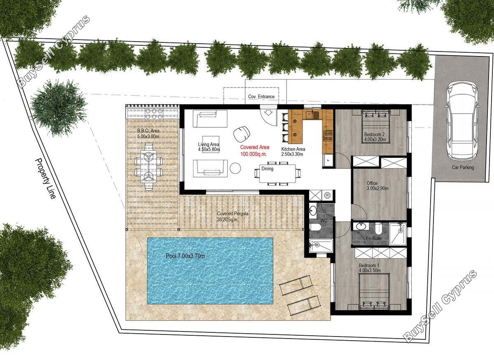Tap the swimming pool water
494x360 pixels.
pyautogui.click(x=210, y=271)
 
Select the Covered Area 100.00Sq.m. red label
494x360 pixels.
pyautogui.click(x=254, y=150)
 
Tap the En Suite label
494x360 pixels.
pyautogui.click(x=374, y=238)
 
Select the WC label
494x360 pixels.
pyautogui.click(x=324, y=220)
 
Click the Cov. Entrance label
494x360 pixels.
pyautogui.click(x=261, y=96)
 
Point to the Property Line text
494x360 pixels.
pyautogui.click(x=45, y=178)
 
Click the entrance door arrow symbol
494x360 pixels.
pyautogui.click(x=268, y=113)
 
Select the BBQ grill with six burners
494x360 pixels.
pyautogui.click(x=154, y=114)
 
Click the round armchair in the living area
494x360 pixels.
pyautogui.click(x=242, y=134)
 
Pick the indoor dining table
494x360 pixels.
pyautogui.click(x=277, y=173)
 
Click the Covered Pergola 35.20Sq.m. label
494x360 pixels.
pyautogui.click(x=233, y=217)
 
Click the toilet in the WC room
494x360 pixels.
pyautogui.click(x=316, y=227)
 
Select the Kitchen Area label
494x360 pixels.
pyautogui.click(x=293, y=152)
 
